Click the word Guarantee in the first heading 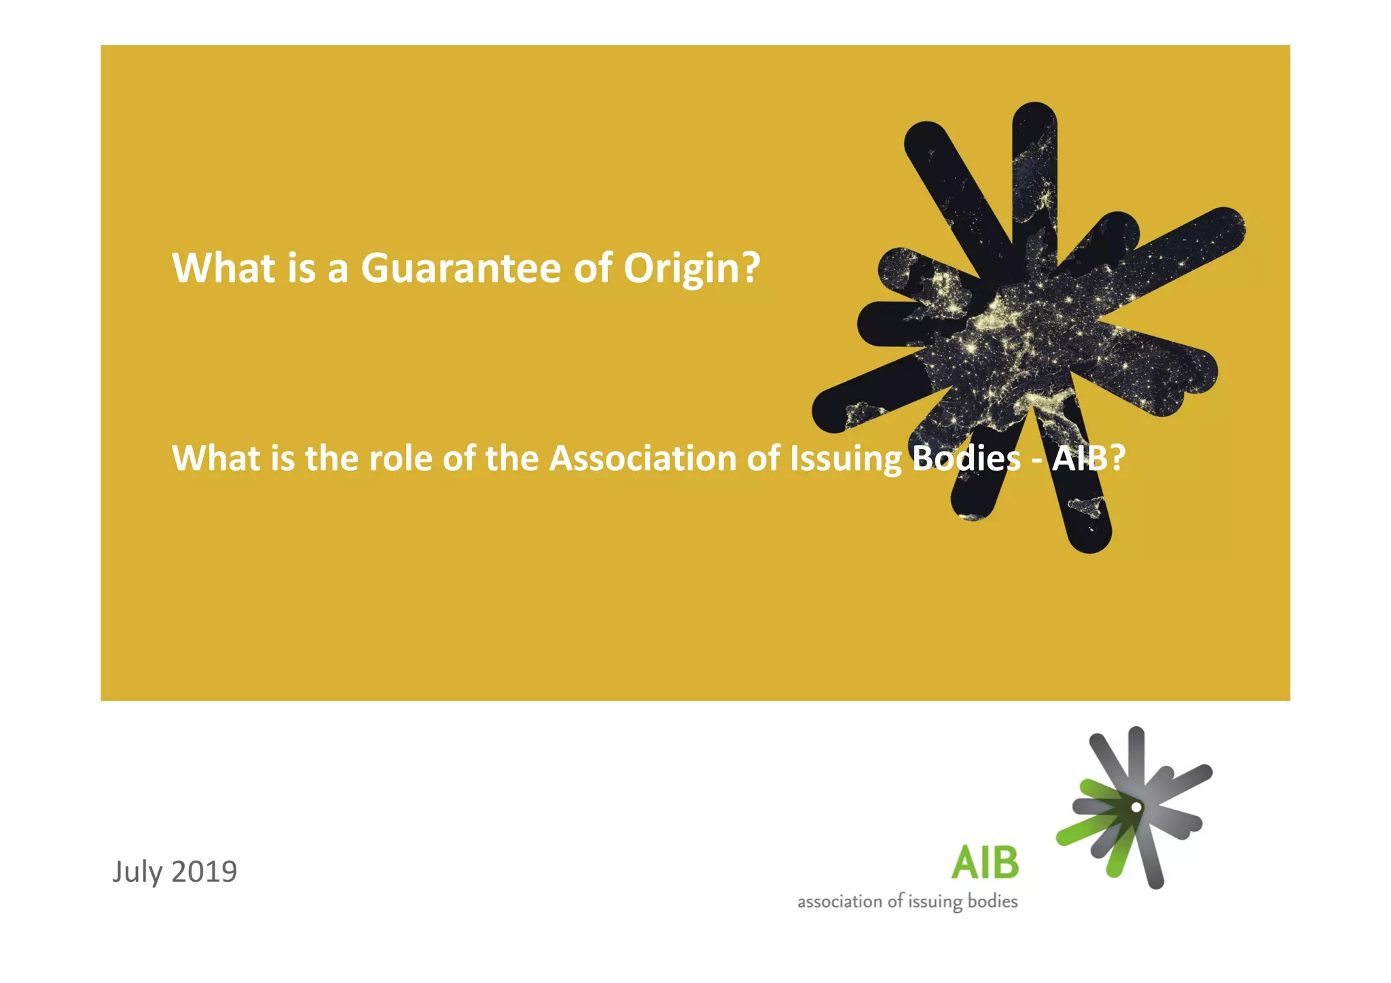click(x=461, y=268)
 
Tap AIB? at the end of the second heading click(x=1088, y=459)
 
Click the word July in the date click(x=137, y=872)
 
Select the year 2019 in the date click(x=204, y=872)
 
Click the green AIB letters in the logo click(x=985, y=863)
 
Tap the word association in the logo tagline click(x=839, y=902)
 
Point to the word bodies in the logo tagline click(x=992, y=901)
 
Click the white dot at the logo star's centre click(x=1136, y=807)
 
